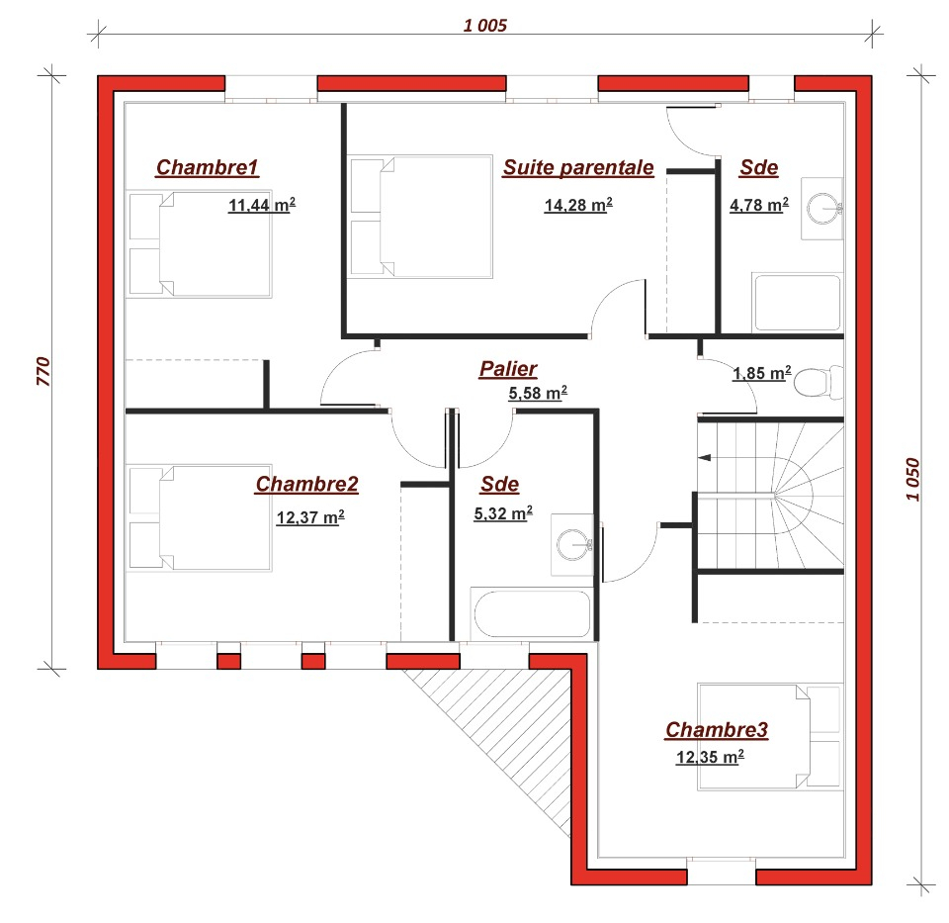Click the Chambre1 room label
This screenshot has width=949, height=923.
[207, 167]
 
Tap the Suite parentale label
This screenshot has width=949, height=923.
[578, 167]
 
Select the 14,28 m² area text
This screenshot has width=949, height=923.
[578, 205]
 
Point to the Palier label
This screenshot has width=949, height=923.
[508, 368]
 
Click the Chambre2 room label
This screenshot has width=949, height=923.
[306, 484]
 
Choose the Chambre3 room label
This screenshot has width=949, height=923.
[717, 729]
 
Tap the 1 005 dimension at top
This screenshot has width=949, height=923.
[484, 26]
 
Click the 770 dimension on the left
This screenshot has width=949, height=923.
[43, 371]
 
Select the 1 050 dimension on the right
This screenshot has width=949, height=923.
[912, 479]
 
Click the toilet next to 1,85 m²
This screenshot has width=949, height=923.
[818, 382]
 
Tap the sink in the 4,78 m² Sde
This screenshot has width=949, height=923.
[822, 209]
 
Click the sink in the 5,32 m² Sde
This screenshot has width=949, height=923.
[572, 544]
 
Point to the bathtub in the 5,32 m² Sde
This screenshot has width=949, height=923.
[532, 614]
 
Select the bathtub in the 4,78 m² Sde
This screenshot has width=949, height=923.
[798, 303]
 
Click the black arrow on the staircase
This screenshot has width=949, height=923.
[705, 457]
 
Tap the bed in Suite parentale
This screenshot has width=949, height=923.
[421, 217]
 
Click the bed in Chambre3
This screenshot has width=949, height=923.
[770, 737]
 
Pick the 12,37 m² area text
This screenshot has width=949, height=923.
[310, 517]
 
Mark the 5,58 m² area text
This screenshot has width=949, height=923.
[538, 393]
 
